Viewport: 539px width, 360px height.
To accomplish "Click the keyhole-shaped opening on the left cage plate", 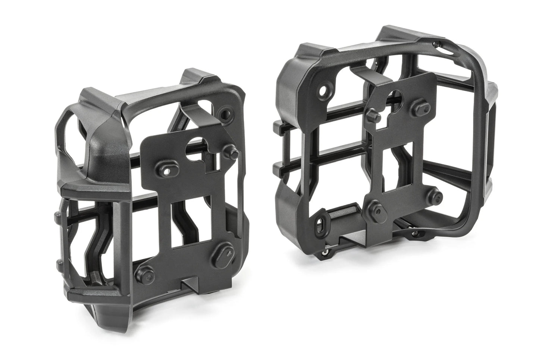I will click(x=196, y=146).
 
